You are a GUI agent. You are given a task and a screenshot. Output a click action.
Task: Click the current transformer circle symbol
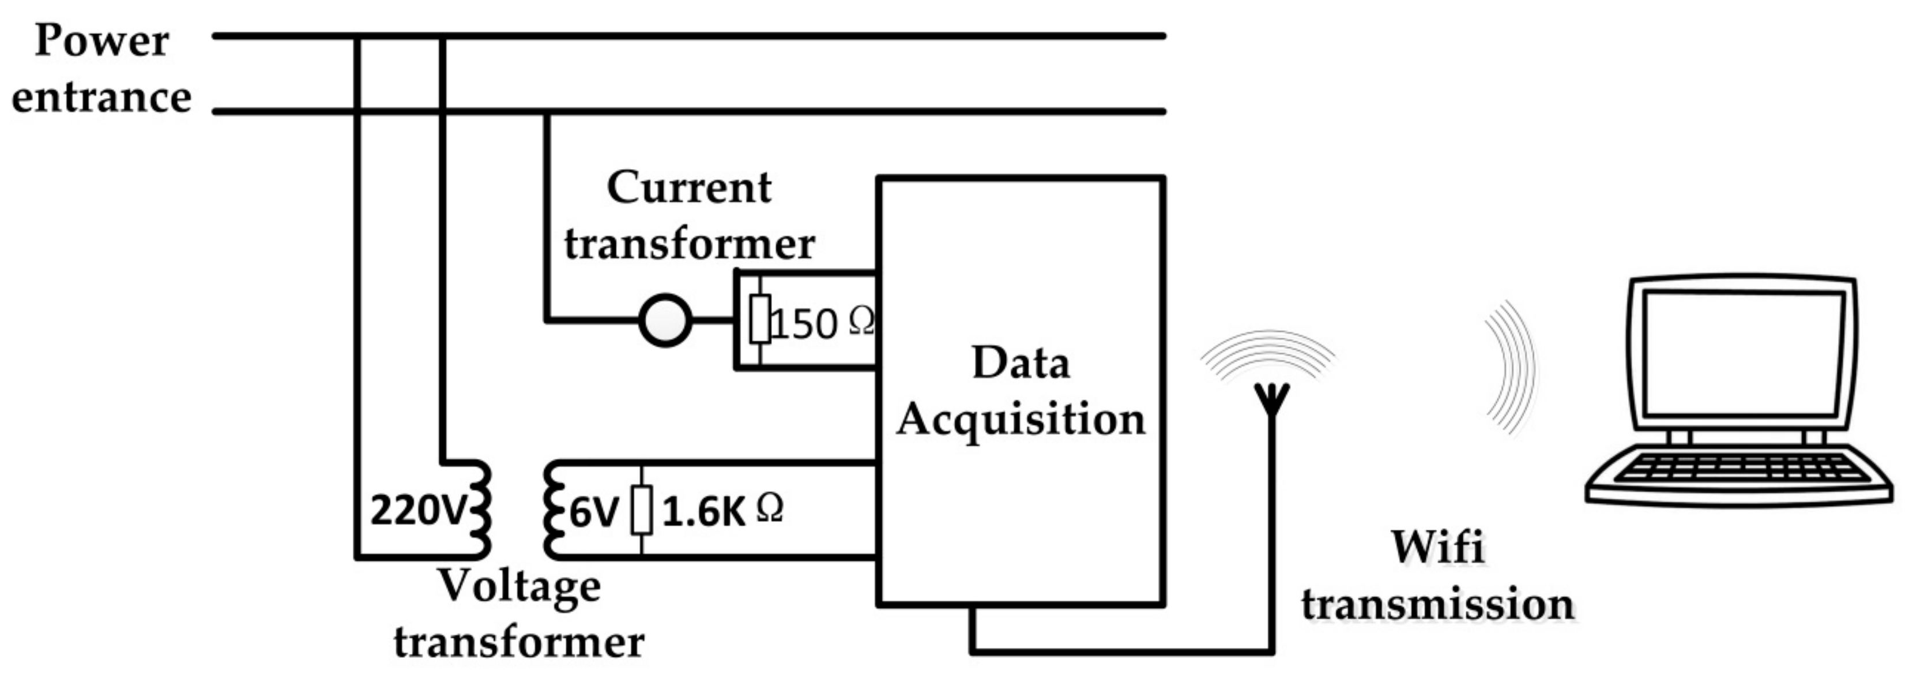(x=665, y=320)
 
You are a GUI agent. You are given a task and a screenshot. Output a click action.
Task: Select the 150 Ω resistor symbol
(x=759, y=319)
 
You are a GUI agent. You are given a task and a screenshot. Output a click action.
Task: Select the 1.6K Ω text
(x=722, y=511)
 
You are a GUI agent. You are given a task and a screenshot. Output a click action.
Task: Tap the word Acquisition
(x=1021, y=420)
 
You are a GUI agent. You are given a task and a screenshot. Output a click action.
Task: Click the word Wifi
(x=1437, y=547)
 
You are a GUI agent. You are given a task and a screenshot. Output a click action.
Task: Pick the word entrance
(x=102, y=97)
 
